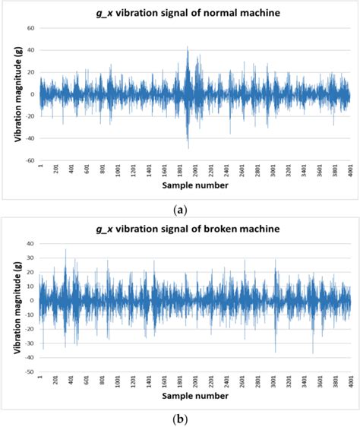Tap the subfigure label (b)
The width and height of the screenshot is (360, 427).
click(180, 417)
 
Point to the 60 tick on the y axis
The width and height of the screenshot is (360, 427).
click(30, 28)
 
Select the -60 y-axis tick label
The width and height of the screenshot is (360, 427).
click(29, 161)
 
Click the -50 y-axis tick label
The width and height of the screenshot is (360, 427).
click(29, 372)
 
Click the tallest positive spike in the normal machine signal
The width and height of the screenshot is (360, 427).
click(188, 47)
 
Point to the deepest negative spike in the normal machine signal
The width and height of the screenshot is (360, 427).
click(188, 148)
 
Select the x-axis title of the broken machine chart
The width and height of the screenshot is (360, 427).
click(196, 395)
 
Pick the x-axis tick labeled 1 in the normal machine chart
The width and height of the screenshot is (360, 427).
click(40, 169)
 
